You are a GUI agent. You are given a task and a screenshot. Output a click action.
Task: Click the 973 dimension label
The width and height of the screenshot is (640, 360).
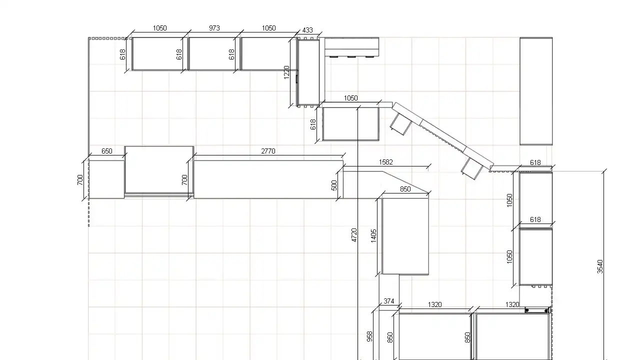pos(214,28)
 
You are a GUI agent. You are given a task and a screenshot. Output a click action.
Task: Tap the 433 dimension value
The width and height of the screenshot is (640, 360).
pos(307,30)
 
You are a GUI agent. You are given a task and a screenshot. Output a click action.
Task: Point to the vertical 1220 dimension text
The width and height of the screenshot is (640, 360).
pos(287,72)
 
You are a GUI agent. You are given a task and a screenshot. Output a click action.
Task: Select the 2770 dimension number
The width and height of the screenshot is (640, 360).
pos(268,151)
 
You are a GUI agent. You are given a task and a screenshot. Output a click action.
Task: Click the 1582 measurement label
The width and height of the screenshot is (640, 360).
pos(385,162)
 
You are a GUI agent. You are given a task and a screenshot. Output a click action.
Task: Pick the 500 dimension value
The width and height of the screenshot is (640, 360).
pos(334,185)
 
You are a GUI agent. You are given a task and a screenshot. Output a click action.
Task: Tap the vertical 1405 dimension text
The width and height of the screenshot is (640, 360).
pos(373,236)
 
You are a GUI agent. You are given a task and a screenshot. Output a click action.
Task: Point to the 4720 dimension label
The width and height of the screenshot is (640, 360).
pos(354,235)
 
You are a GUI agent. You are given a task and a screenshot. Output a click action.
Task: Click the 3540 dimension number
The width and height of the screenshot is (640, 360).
pos(600,266)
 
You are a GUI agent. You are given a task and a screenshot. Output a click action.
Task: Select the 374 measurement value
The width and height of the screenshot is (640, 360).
pos(389,301)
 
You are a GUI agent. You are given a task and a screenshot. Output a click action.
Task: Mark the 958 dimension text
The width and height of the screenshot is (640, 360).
pos(369,336)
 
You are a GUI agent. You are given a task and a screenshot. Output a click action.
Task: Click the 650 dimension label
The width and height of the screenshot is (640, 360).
pos(107,151)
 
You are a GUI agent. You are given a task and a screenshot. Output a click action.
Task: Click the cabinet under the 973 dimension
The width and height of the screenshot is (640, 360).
pos(211,53)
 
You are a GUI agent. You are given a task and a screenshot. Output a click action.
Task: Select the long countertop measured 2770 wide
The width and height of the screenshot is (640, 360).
pos(268,179)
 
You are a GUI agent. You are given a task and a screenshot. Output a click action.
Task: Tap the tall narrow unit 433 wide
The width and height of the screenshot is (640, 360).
pos(308,72)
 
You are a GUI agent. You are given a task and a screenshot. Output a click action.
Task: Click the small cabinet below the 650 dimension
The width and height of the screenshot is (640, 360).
pos(106,179)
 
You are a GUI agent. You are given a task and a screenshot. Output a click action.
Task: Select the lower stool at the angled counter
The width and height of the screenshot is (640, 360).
pos(472,168)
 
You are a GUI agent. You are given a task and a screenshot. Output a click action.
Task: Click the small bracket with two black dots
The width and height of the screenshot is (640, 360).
pos(537,310)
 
